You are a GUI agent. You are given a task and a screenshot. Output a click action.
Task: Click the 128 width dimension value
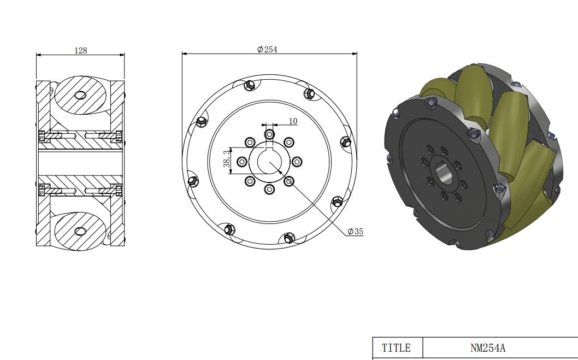tap(81, 50)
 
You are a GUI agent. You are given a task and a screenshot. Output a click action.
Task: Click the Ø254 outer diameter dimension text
tap(267, 49)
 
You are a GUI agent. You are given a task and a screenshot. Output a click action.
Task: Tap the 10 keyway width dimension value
tap(293, 121)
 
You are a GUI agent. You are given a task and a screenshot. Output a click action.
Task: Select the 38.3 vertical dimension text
tap(227, 158)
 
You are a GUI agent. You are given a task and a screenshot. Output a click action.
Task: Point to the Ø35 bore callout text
tap(355, 232)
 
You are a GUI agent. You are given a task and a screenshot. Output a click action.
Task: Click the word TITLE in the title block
tap(396, 348)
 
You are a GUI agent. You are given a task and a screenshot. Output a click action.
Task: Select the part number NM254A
tap(488, 348)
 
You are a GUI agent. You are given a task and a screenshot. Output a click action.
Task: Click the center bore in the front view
tap(269, 162)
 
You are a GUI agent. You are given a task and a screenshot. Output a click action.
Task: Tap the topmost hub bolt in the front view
tap(269, 134)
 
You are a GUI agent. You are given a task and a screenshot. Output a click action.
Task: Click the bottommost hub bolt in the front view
tap(269, 190)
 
